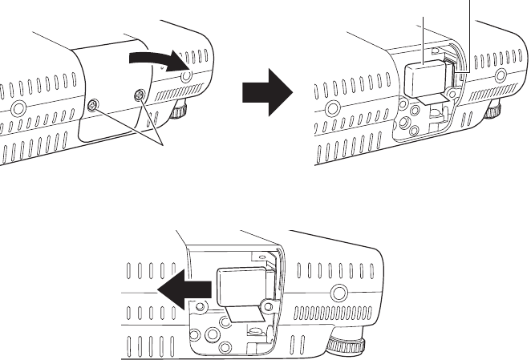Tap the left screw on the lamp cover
point(93,106)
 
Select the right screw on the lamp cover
point(140,95)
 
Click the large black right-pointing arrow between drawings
point(268,89)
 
